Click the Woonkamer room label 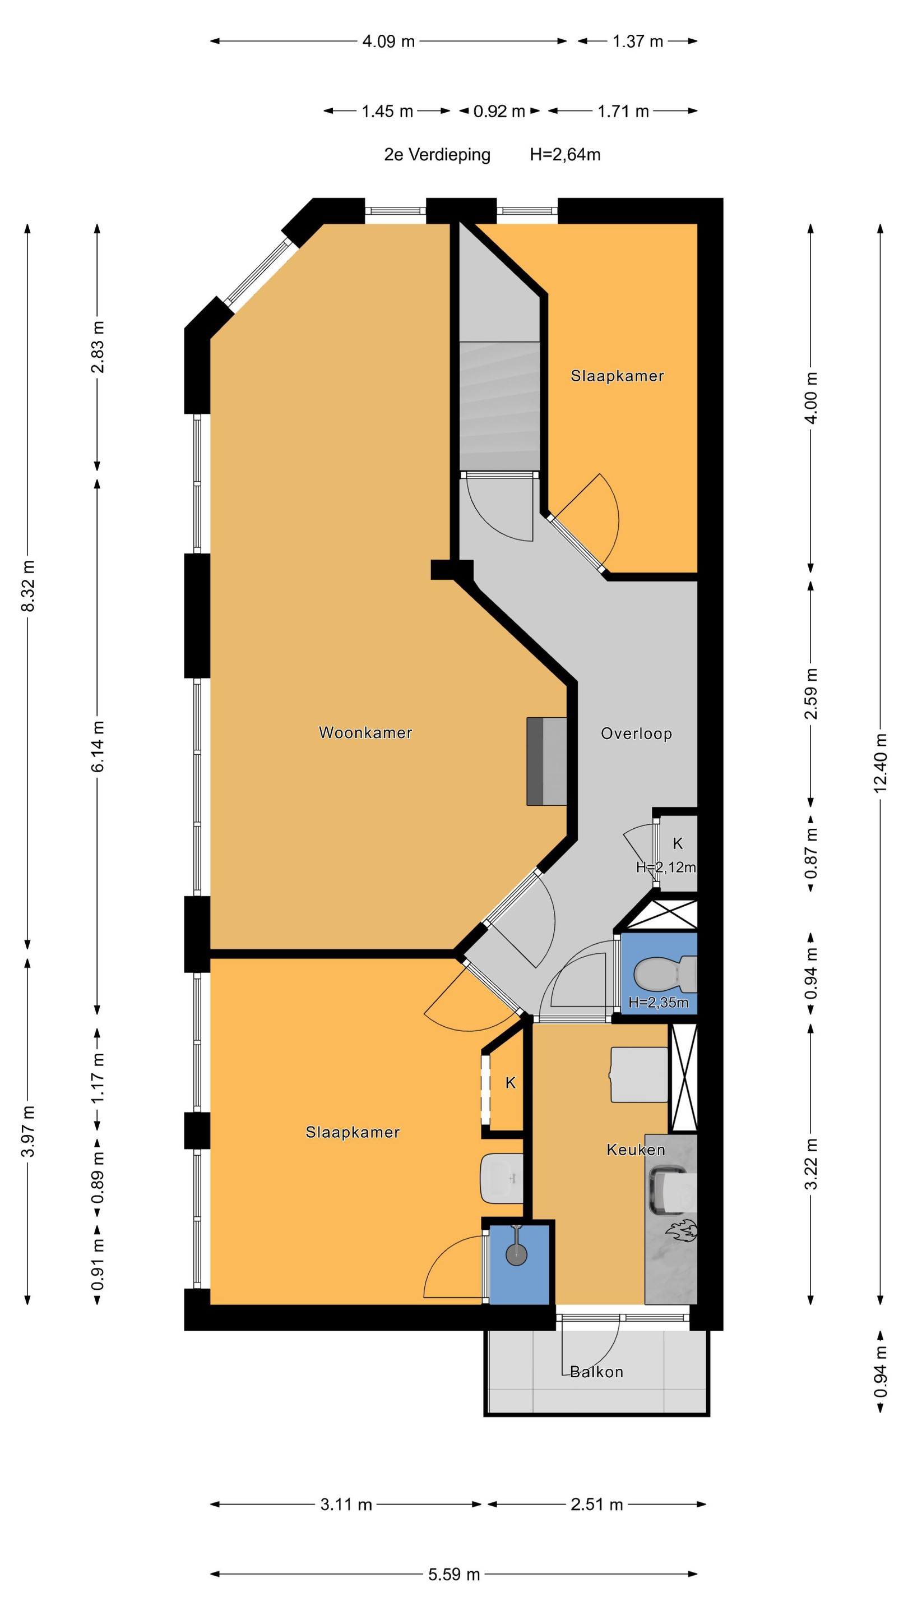(365, 732)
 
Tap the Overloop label (636, 733)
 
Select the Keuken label (636, 1149)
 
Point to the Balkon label (596, 1372)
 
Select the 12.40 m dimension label (881, 763)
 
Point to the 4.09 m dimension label (388, 41)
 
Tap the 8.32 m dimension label (27, 585)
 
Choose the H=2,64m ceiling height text (565, 155)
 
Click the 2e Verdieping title (437, 155)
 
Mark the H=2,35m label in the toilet (659, 1003)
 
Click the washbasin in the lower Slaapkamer (501, 1179)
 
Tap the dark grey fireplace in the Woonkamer (546, 761)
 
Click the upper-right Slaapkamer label (617, 376)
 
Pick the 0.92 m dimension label (499, 112)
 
